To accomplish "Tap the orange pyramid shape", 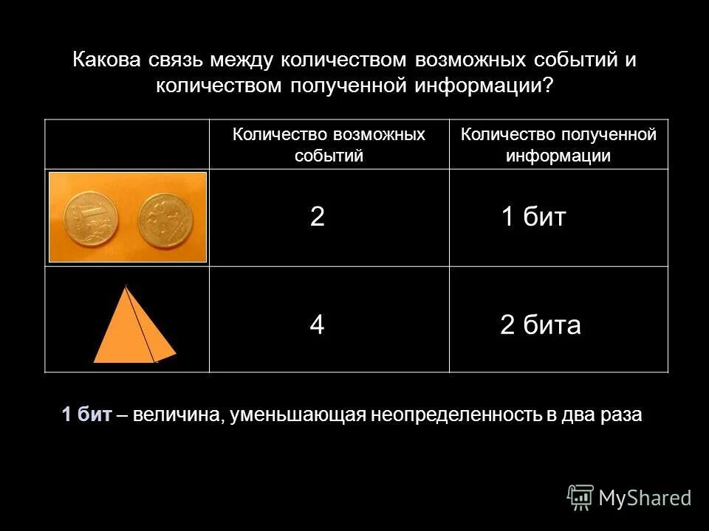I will (x=133, y=329).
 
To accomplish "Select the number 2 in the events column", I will (x=318, y=217).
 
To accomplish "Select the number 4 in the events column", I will (x=317, y=325).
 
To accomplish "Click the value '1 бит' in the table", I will (x=533, y=217).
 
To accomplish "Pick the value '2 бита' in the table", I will (x=540, y=325).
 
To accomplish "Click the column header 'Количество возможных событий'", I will (x=329, y=145).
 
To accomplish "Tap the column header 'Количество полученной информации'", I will (x=558, y=145).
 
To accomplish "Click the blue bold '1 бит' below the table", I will (x=87, y=415).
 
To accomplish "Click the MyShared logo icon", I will (x=580, y=498).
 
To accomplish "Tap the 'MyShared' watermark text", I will (x=645, y=498).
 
